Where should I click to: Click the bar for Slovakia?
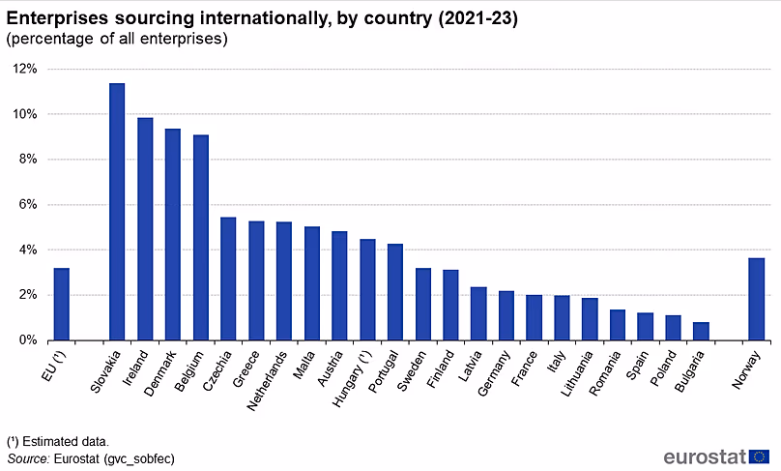(117, 212)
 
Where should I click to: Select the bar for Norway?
(757, 299)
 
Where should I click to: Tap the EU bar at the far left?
(61, 304)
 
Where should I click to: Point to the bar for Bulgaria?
(701, 331)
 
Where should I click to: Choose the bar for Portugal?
(395, 292)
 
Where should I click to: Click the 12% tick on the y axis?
(24, 69)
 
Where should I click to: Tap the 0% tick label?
(27, 340)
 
